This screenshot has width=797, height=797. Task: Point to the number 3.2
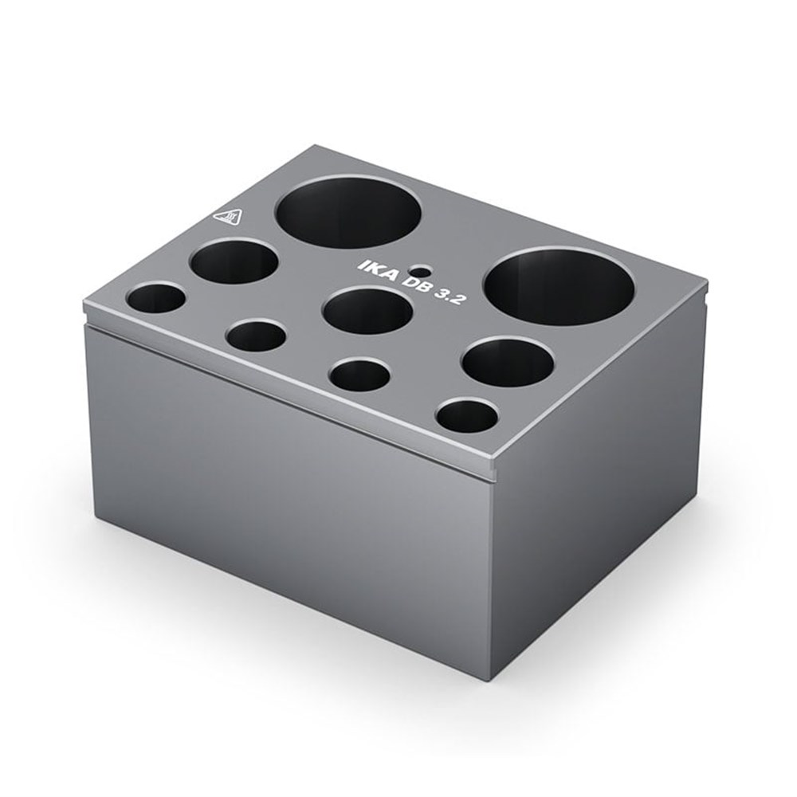pyautogui.click(x=450, y=298)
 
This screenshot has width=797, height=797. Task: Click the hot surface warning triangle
pyautogui.click(x=229, y=219)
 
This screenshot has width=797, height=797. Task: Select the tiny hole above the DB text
pyautogui.click(x=422, y=269)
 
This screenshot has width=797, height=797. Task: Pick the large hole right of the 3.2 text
pyautogui.click(x=558, y=286)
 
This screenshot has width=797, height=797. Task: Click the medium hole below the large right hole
pyautogui.click(x=507, y=361)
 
